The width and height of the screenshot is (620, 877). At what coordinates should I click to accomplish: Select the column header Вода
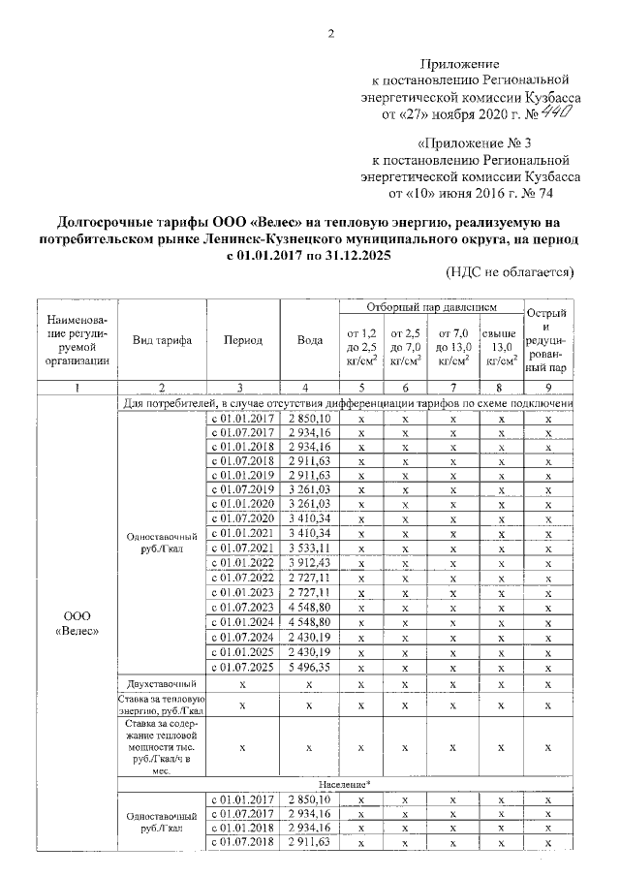(x=309, y=340)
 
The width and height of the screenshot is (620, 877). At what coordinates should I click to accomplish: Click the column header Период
(x=242, y=340)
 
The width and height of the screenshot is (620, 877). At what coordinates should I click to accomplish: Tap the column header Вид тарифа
(x=162, y=340)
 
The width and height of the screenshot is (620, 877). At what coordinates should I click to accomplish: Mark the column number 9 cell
(x=548, y=388)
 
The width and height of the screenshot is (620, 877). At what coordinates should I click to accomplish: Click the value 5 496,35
(x=309, y=667)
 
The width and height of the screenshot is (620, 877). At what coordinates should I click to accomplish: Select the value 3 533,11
(x=309, y=548)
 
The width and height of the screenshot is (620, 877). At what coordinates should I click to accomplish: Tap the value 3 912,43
(x=309, y=562)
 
